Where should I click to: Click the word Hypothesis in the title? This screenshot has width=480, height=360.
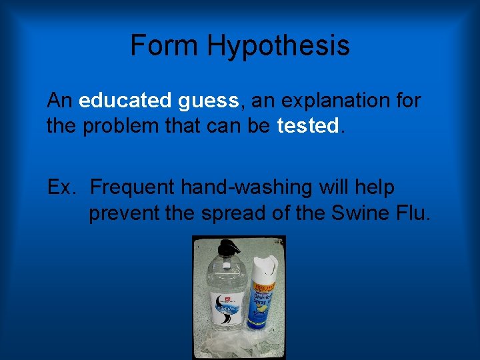tap(278, 46)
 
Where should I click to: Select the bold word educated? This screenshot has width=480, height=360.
tap(125, 101)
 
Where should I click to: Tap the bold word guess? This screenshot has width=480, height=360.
tap(208, 101)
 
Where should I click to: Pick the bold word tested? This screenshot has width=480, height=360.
tap(307, 126)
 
